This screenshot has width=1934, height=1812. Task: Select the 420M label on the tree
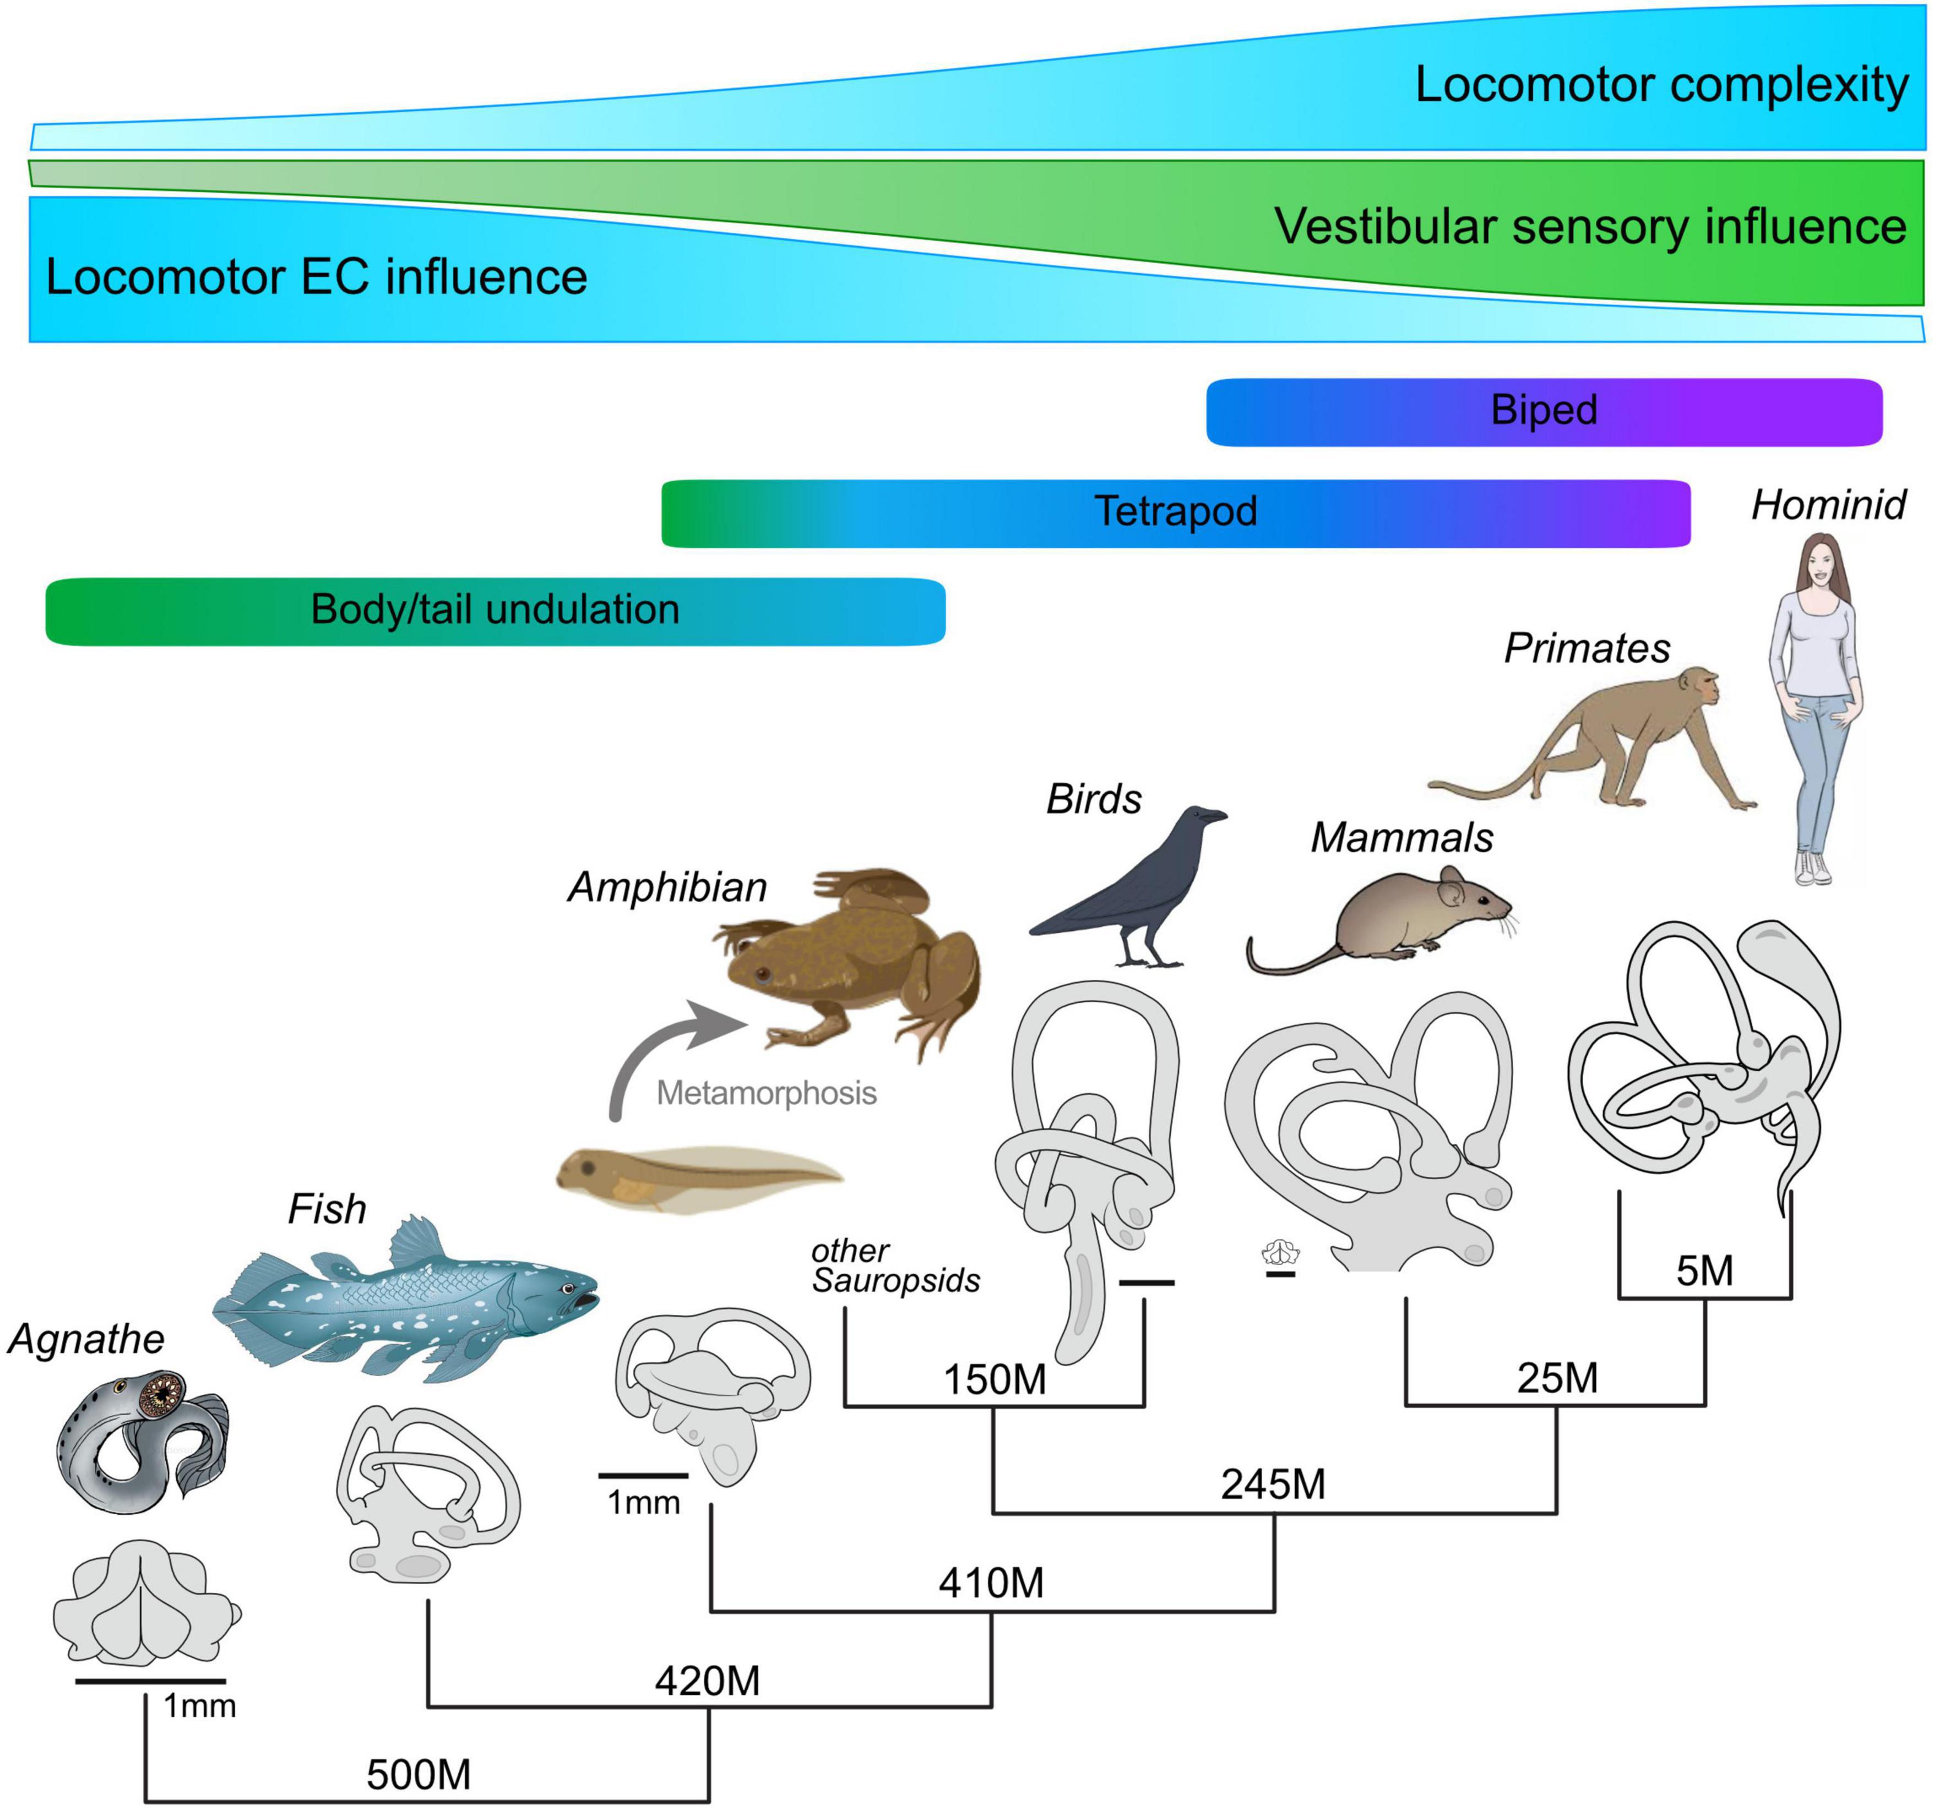tap(707, 1680)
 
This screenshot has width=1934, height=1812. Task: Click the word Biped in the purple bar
tap(1544, 410)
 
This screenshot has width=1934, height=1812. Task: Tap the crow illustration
tap(1133, 885)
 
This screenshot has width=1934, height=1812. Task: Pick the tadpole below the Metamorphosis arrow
tap(696, 1179)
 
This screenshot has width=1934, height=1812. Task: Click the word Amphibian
tap(667, 887)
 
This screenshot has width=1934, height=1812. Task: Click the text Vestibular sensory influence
tap(1590, 227)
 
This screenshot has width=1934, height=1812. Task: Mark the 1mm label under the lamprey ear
tap(199, 1705)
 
